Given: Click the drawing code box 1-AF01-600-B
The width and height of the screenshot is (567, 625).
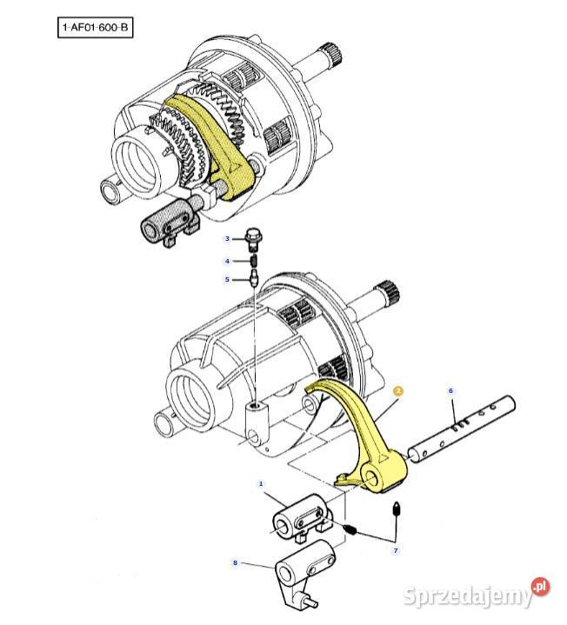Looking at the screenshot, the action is tap(96, 27).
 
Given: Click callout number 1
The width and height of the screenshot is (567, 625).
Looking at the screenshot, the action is tap(261, 484).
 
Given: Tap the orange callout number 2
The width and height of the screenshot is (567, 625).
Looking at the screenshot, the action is tap(398, 391).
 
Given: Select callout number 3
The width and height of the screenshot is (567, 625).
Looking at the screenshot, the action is tap(227, 239).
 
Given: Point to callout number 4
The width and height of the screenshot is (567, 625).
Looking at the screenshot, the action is tap(227, 262).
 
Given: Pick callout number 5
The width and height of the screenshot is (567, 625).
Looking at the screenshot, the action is tap(227, 279).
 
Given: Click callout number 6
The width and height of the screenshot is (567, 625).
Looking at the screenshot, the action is tap(451, 390).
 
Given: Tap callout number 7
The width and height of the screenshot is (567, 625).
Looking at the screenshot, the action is tap(396, 550).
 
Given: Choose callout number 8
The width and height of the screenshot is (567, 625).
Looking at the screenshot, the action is tap(236, 562).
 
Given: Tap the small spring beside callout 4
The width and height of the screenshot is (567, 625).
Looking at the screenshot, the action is tap(254, 262).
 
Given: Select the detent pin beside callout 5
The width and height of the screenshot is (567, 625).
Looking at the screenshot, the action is tap(254, 278).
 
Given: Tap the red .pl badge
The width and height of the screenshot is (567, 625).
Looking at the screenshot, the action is tap(541, 587).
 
